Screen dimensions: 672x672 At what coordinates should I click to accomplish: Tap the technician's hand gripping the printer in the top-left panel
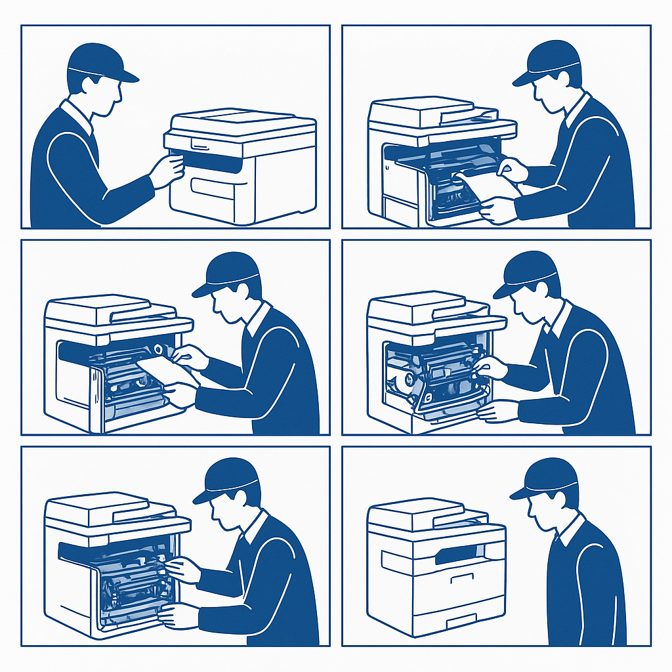(x=167, y=169)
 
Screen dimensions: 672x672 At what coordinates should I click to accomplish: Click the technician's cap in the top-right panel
(x=549, y=62)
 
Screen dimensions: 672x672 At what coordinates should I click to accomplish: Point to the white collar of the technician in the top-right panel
(x=576, y=109)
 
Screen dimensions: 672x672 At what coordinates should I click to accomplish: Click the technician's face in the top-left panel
(x=108, y=92)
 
